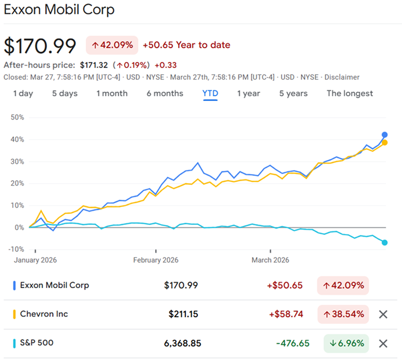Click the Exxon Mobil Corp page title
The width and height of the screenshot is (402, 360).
click(59, 9)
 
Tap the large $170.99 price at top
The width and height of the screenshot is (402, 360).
click(40, 46)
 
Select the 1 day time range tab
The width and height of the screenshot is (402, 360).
click(23, 94)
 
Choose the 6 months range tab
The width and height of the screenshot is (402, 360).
click(165, 94)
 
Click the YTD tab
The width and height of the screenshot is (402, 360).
click(210, 94)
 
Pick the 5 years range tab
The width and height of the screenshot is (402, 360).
click(293, 94)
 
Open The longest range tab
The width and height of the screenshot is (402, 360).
click(350, 94)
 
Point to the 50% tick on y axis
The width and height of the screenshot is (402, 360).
click(17, 117)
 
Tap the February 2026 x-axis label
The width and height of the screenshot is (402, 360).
click(157, 260)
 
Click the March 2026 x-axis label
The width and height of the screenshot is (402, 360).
click(271, 260)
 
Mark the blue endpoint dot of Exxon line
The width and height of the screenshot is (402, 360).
click(385, 135)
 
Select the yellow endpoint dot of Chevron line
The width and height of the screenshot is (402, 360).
click(385, 143)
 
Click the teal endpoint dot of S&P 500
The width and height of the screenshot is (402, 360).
click(385, 242)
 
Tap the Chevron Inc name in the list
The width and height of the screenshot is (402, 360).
click(44, 314)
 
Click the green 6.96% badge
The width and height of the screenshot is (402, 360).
click(346, 343)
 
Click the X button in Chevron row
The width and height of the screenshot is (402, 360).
click(383, 314)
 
